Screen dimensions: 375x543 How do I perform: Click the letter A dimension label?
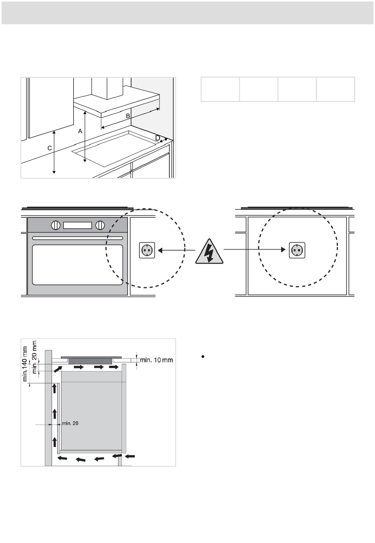click(80, 131)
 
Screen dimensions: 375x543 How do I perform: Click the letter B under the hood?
click(128, 116)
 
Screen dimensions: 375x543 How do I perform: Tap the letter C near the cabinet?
click(49, 148)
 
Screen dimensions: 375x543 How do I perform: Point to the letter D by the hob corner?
click(157, 138)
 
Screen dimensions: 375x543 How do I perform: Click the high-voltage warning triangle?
click(209, 251)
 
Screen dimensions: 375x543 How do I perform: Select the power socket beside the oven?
click(147, 250)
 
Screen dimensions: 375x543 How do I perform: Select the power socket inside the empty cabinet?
click(297, 250)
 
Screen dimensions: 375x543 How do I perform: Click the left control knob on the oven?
click(55, 225)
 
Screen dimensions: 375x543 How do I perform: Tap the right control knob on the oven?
click(100, 225)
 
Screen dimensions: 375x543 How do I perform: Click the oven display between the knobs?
click(78, 225)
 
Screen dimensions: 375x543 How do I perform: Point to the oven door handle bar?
click(77, 238)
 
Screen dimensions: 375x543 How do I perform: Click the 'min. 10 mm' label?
click(156, 360)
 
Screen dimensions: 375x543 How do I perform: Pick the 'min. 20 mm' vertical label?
click(34, 357)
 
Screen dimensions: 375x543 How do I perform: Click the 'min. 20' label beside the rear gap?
click(70, 423)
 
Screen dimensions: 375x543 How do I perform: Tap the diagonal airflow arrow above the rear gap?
click(57, 369)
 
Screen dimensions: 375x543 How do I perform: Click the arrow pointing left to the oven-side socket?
click(176, 250)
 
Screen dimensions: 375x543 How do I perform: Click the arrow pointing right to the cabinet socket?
click(255, 249)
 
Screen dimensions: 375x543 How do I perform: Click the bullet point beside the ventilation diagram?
click(203, 356)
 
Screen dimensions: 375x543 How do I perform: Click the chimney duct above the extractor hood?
click(107, 88)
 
